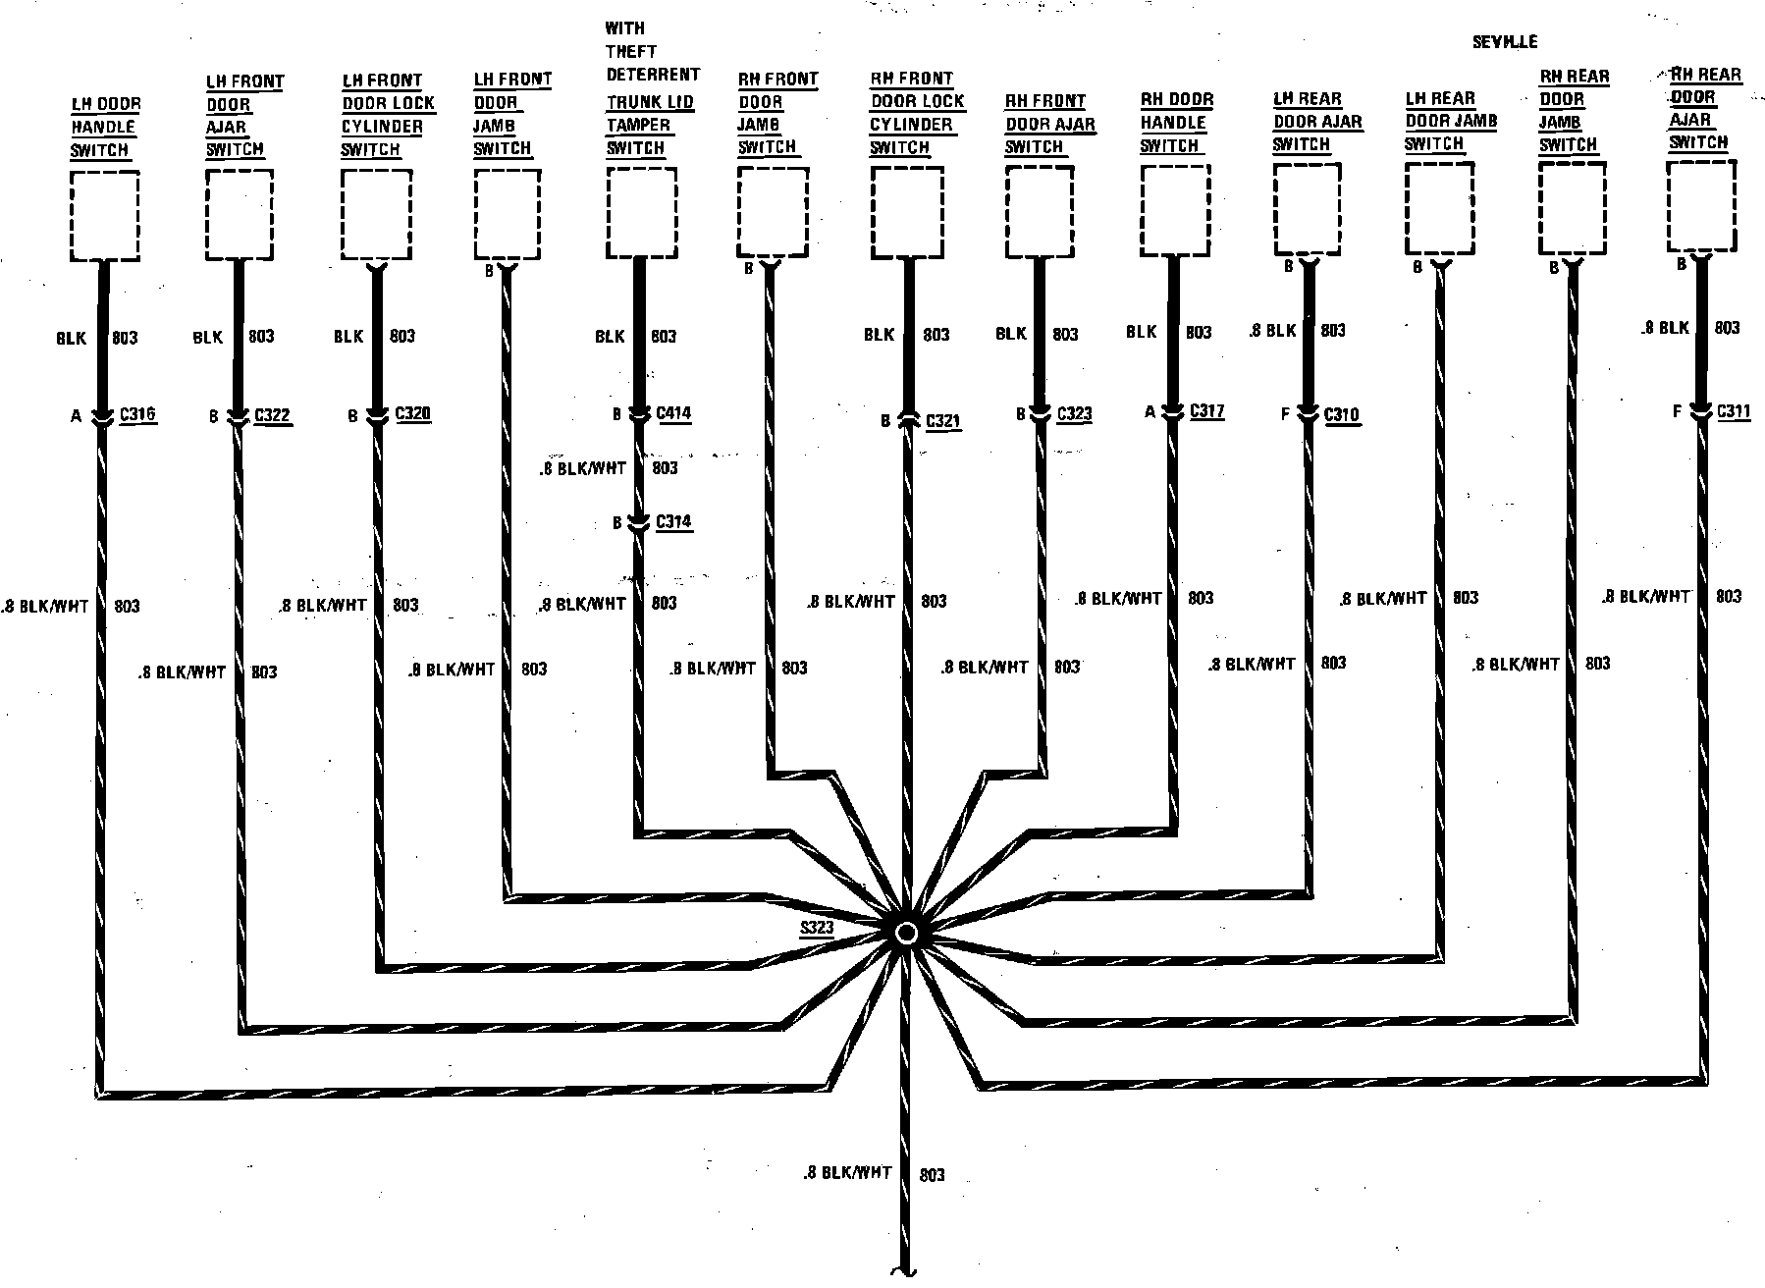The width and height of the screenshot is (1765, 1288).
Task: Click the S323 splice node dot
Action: (x=906, y=933)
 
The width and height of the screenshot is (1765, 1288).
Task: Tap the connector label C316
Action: (x=137, y=414)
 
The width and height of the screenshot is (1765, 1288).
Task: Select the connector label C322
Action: (x=272, y=414)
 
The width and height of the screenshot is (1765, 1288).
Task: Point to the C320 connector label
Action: (x=413, y=413)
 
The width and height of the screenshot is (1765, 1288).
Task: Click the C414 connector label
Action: (x=673, y=413)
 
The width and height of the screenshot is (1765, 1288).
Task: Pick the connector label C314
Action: (x=673, y=521)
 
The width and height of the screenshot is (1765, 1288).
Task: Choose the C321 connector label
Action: (x=943, y=421)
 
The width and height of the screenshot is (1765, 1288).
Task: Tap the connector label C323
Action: (x=1074, y=413)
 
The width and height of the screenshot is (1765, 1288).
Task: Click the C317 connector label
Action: (x=1206, y=411)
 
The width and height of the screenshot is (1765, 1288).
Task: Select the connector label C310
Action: (x=1341, y=414)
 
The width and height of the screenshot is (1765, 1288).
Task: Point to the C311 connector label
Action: (x=1734, y=411)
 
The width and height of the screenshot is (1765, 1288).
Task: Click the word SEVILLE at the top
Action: (x=1504, y=42)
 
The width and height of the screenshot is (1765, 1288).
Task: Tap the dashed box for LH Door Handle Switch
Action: (x=104, y=216)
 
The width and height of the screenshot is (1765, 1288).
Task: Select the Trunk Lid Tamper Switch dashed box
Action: (x=641, y=212)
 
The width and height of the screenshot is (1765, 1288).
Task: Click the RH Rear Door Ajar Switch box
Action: (x=1701, y=206)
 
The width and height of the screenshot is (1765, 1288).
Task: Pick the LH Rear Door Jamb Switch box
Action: (x=1439, y=208)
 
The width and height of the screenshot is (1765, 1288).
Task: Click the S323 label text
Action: (x=817, y=927)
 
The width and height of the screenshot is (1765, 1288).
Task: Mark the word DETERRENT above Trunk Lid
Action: (x=653, y=75)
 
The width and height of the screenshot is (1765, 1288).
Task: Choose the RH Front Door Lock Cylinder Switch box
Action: (x=907, y=212)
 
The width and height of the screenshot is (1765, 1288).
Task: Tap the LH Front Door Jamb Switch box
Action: (x=507, y=214)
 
